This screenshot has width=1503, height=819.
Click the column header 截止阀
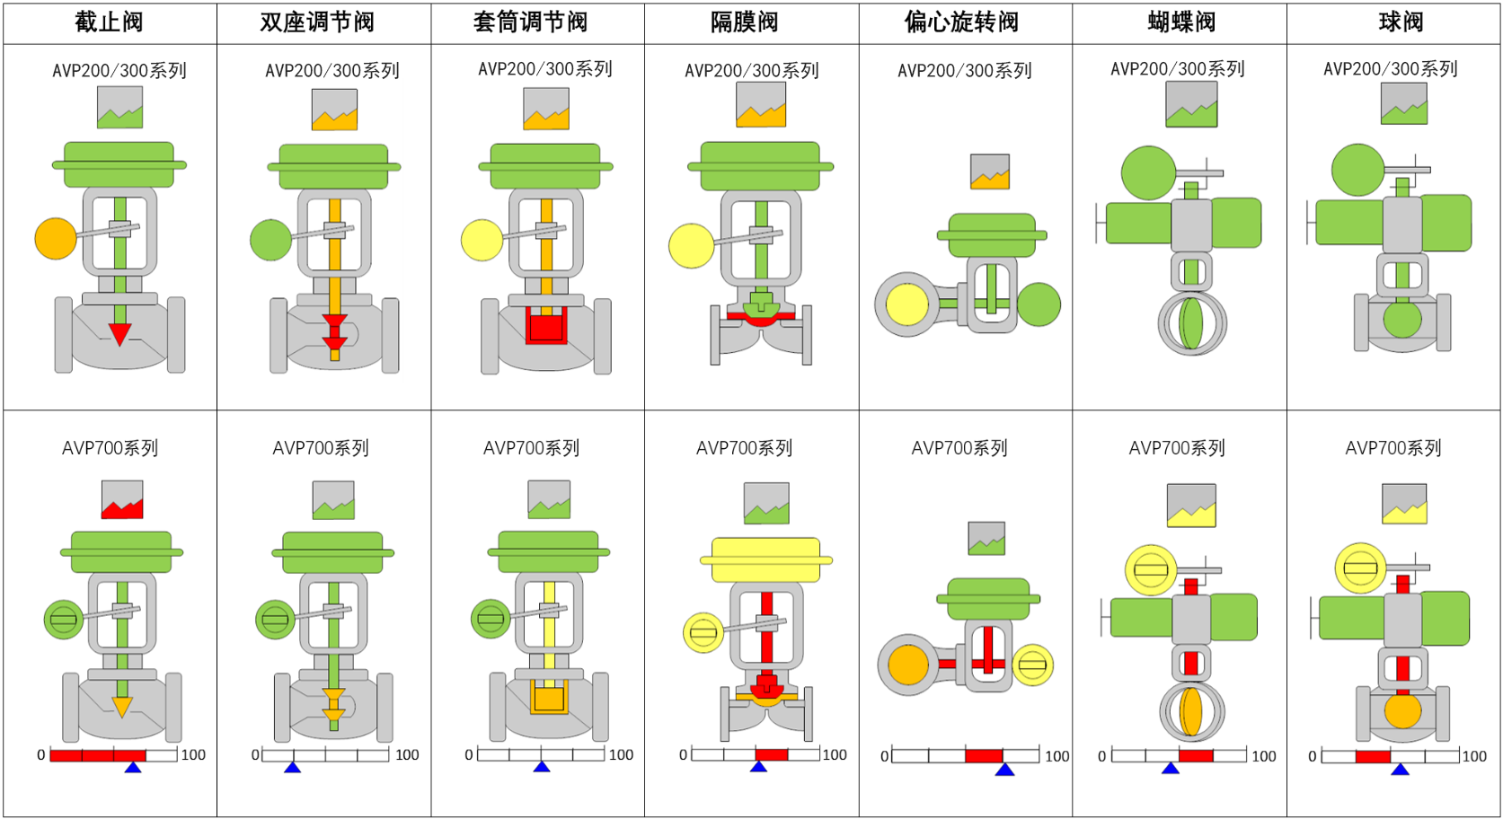tap(109, 22)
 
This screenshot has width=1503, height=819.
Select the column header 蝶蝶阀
tap(1180, 22)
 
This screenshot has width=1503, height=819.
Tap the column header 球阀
tap(1401, 22)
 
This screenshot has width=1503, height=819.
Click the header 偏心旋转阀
tap(961, 22)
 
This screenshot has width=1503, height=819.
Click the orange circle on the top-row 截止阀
tap(56, 239)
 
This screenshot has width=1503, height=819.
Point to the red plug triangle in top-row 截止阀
tap(119, 334)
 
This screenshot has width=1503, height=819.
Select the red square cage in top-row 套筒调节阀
tap(546, 326)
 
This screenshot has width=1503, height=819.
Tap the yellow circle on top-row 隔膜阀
tap(691, 245)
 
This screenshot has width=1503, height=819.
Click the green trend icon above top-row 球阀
tap(1404, 104)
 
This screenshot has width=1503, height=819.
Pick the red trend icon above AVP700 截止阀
tap(122, 500)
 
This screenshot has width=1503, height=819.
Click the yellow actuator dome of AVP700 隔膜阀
tap(765, 559)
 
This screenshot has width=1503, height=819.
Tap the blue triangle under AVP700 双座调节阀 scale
tap(292, 767)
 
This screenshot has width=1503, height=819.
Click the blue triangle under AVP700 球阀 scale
tap(1400, 769)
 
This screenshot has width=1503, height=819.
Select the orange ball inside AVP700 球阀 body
tap(1402, 711)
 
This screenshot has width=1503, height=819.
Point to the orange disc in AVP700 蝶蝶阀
tap(1191, 711)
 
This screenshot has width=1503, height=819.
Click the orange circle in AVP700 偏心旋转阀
tap(907, 665)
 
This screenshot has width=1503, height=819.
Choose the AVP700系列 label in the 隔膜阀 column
tap(744, 448)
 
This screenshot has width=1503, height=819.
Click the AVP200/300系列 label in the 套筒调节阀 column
tap(545, 69)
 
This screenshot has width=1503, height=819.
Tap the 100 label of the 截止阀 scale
tap(193, 755)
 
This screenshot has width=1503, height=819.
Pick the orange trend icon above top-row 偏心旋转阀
tap(990, 172)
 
